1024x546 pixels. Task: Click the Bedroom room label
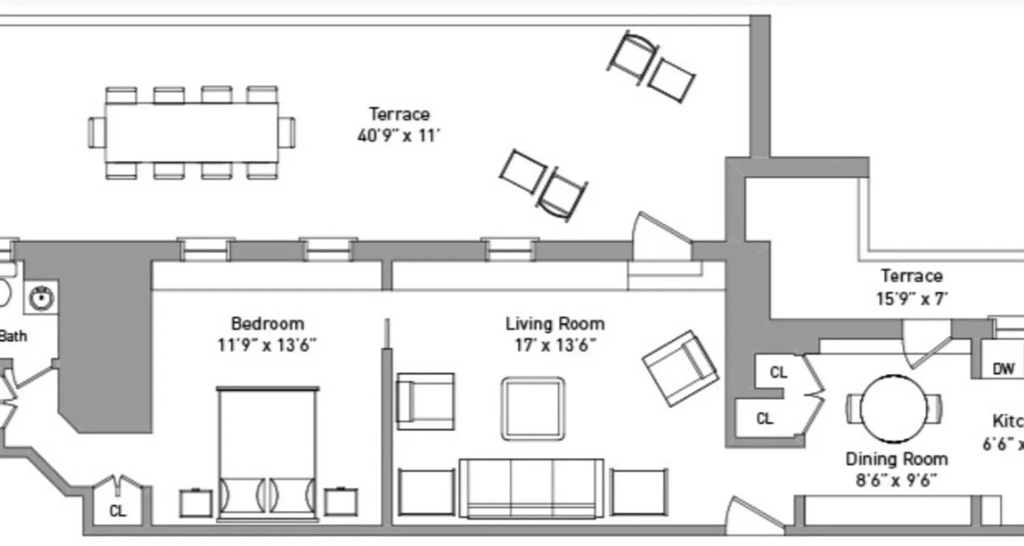(x=267, y=324)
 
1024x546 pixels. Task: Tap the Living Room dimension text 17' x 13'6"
(x=555, y=345)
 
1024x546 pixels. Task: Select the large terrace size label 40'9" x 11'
(x=399, y=135)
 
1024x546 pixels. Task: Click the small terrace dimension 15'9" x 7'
(x=911, y=298)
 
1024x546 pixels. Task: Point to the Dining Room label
(x=896, y=459)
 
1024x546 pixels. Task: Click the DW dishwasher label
(x=1003, y=370)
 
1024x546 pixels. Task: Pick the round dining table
(x=894, y=408)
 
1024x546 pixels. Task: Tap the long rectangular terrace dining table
(x=192, y=132)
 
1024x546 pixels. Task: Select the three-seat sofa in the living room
(x=531, y=487)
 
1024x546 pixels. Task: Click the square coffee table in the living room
(x=533, y=409)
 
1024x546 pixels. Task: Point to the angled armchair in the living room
(x=680, y=369)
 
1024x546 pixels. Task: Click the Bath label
(x=12, y=336)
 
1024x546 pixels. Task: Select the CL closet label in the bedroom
(x=118, y=511)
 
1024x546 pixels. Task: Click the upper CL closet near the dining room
(x=778, y=373)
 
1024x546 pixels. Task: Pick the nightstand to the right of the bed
(x=341, y=502)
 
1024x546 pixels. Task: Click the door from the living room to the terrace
(x=661, y=239)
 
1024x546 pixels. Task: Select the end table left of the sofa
(x=426, y=492)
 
